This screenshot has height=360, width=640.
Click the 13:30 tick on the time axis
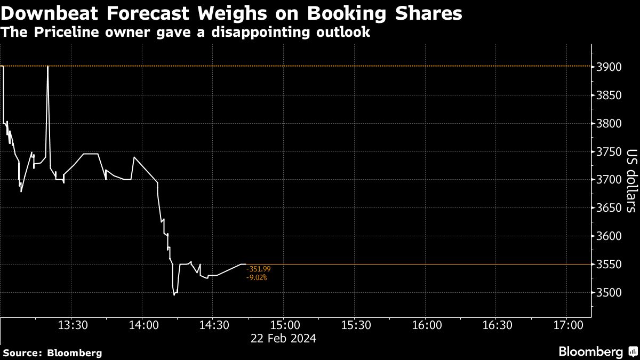point(73,325)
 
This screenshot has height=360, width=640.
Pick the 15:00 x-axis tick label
point(284,325)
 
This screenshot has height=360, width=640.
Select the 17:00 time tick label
point(566,325)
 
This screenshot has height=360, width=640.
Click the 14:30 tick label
point(213,325)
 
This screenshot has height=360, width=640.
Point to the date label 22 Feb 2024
point(284,338)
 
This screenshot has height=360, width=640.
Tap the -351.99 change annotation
point(259,269)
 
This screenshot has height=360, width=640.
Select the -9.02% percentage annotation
point(257,277)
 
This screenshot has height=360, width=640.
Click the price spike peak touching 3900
point(48,67)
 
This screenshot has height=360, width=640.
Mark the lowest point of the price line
point(174,294)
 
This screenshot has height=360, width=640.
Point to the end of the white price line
point(245,264)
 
